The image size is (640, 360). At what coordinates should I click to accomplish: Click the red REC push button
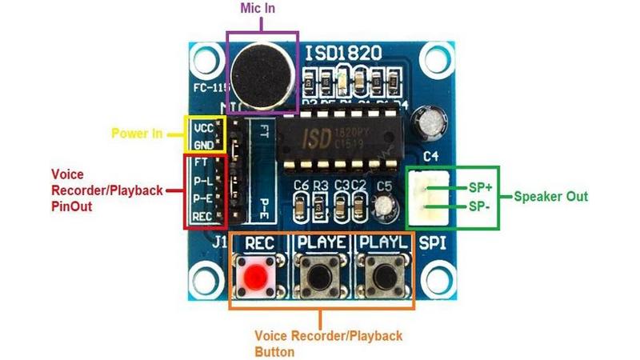coord(256,278)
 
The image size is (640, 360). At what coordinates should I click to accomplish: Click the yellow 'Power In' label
coord(136,134)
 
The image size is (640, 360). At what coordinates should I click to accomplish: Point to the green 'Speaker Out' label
coord(550,196)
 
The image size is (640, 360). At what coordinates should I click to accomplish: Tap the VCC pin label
coord(204,128)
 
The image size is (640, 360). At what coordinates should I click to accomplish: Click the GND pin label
coord(204,145)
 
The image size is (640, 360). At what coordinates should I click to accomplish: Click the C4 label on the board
coord(430,157)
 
